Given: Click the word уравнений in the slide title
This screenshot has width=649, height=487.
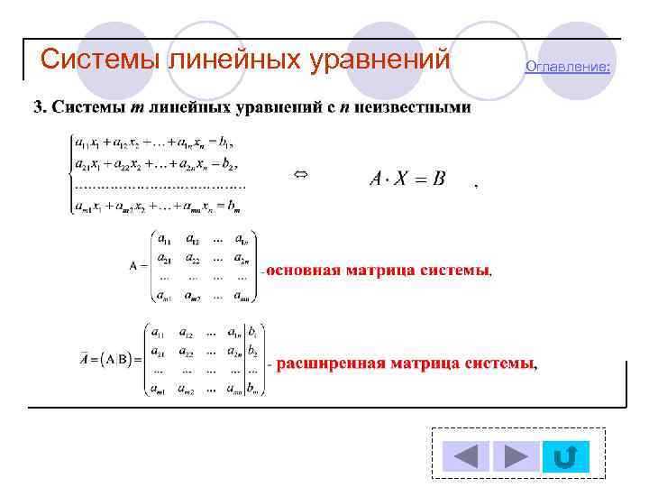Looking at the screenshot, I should click(x=379, y=60).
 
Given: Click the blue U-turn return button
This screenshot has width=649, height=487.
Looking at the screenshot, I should click(x=565, y=456).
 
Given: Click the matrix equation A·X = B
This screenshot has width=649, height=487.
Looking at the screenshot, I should click(x=407, y=179).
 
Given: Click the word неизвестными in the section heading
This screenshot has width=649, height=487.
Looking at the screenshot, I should click(x=413, y=108).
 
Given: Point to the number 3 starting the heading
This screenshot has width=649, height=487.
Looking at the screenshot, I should click(x=38, y=108).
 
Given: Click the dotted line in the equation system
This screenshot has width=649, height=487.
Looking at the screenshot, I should click(x=159, y=186).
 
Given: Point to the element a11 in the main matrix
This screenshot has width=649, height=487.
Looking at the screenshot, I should click(x=166, y=239).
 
